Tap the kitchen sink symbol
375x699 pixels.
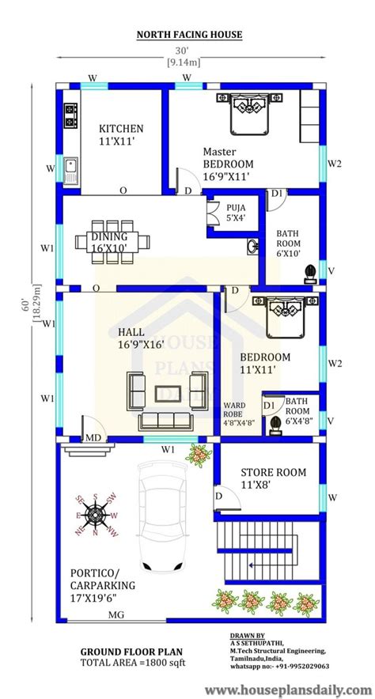click(70, 171)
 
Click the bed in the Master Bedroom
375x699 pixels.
click(250, 113)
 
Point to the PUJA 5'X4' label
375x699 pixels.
click(236, 212)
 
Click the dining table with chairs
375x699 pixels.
click(112, 242)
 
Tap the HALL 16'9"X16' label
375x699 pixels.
click(141, 338)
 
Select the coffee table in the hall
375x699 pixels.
click(168, 393)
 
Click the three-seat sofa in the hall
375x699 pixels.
click(165, 421)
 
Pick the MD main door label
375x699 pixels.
click(93, 438)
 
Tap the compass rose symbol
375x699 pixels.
click(96, 515)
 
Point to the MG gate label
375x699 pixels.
click(116, 615)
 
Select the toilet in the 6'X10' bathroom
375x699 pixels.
click(310, 274)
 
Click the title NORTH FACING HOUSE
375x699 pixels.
click(189, 34)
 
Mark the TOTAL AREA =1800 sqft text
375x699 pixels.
click(133, 663)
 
